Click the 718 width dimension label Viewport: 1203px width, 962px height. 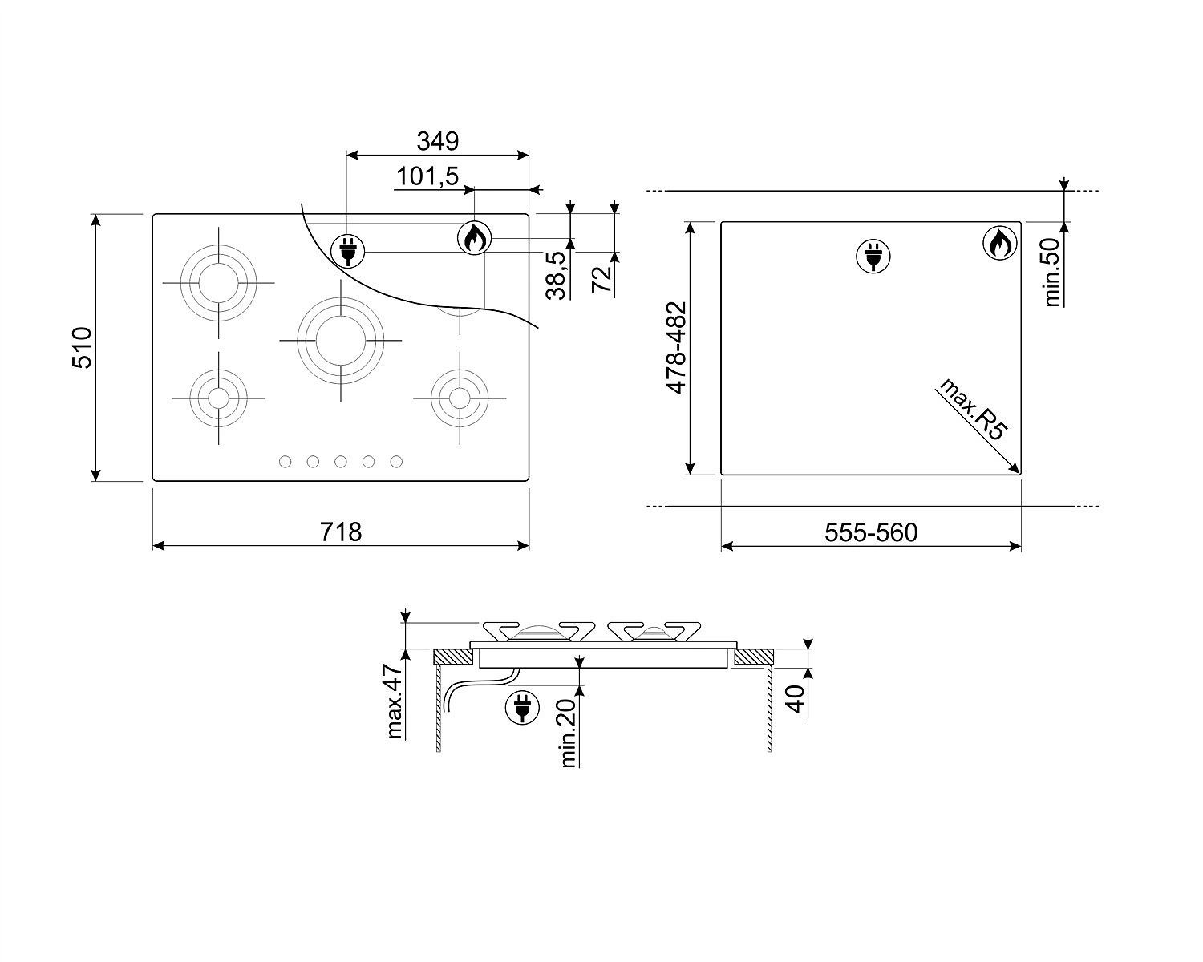(x=340, y=532)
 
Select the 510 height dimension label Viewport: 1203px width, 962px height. (x=82, y=347)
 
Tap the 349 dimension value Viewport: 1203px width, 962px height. (x=437, y=141)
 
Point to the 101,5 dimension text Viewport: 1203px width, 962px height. (x=427, y=176)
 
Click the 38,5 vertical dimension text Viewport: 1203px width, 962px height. (x=557, y=275)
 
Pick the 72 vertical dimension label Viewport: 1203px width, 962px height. (x=601, y=280)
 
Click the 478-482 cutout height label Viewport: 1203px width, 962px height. (x=676, y=348)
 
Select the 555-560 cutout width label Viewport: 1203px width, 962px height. (x=871, y=532)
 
